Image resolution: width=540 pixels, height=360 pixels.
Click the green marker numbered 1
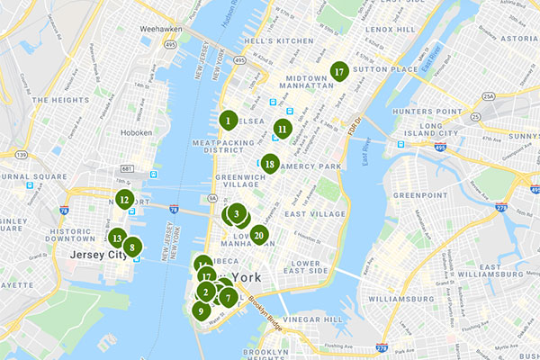coord(229,120)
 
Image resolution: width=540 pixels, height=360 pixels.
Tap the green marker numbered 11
coord(283,129)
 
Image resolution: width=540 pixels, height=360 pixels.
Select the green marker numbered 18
coord(269,163)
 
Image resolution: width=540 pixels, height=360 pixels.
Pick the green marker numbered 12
coord(124,200)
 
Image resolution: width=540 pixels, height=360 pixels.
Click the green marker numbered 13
coord(116,238)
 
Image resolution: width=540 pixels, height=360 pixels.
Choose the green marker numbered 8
coord(132,247)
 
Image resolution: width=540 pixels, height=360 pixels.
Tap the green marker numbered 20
coord(259,236)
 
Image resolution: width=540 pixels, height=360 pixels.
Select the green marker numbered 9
coord(200,310)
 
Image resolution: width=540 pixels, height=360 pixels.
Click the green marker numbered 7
coord(229,297)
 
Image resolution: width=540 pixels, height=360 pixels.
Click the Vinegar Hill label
coord(312,319)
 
